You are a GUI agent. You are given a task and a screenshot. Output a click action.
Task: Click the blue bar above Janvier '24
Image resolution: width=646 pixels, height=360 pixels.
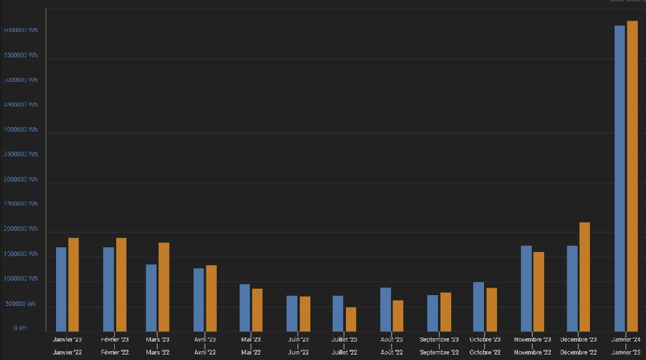click(x=619, y=178)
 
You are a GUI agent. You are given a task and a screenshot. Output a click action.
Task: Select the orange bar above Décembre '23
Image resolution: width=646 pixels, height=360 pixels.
click(x=584, y=277)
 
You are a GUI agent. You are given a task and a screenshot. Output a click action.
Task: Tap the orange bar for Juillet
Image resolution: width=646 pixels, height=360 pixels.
click(x=351, y=319)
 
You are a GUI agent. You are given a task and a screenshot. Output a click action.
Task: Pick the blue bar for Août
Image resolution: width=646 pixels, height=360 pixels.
click(x=386, y=309)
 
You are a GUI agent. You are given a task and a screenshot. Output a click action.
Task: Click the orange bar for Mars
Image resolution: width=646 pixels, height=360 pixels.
click(x=164, y=287)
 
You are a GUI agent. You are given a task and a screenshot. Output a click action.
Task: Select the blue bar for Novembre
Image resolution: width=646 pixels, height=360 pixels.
click(x=526, y=288)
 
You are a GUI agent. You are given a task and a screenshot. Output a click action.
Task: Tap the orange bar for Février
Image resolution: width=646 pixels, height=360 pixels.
click(x=121, y=284)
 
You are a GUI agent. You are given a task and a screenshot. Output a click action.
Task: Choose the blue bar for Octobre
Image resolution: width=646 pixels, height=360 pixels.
click(x=479, y=307)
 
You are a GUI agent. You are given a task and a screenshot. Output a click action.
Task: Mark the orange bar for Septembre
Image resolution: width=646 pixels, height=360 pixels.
click(x=446, y=311)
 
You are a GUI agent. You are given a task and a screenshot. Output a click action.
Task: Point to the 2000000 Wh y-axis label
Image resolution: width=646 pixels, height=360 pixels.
click(x=21, y=229)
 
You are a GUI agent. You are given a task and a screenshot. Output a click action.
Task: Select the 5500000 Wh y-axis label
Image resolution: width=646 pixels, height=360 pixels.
click(x=21, y=55)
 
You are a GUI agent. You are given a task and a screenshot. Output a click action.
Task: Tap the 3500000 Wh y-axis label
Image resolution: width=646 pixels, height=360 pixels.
click(x=21, y=154)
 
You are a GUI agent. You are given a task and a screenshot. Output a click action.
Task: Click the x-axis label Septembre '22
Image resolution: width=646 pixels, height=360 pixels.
click(x=439, y=352)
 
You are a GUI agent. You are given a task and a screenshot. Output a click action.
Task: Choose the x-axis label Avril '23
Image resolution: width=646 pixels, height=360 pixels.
click(x=205, y=340)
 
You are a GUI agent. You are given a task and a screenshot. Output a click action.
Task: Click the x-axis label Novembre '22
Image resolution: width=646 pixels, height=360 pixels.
click(x=533, y=352)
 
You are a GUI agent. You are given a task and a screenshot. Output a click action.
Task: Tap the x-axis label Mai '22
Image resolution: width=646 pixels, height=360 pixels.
click(x=251, y=352)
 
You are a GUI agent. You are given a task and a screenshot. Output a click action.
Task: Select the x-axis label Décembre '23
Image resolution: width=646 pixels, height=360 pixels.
click(x=578, y=340)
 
